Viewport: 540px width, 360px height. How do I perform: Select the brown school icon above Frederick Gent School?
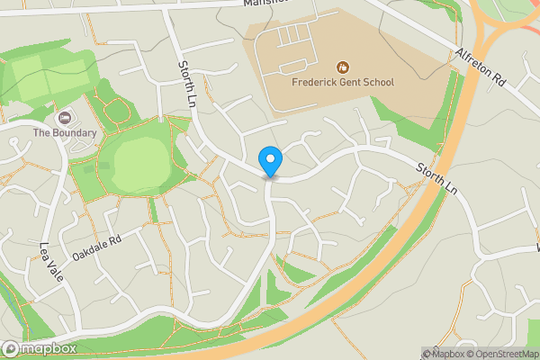(x=342, y=67)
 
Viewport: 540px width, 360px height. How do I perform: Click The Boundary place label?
(x=65, y=133)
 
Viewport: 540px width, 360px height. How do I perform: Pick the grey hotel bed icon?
(x=64, y=118)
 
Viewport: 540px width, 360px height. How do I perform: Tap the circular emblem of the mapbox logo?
(x=11, y=349)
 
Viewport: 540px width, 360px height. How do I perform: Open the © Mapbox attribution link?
(x=442, y=354)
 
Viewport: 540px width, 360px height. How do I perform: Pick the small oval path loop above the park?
(x=117, y=112)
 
